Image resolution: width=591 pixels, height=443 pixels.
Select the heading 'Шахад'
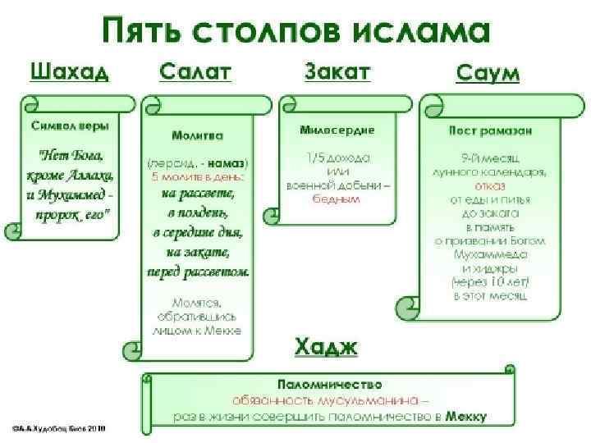tap(70, 71)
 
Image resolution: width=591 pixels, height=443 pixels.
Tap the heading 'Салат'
tap(195, 71)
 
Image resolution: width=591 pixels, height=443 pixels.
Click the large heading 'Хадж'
tap(327, 347)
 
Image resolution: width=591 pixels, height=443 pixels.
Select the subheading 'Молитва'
tap(199, 134)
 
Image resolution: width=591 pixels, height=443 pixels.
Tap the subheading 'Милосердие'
tap(337, 130)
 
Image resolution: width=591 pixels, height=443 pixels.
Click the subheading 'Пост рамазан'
tap(490, 130)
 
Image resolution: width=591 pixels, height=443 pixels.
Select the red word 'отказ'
tap(490, 185)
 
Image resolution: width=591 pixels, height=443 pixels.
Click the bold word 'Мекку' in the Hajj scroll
tap(466, 416)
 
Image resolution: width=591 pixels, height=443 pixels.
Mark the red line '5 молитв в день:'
tap(198, 176)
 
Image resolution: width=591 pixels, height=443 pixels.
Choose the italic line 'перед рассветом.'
tap(198, 272)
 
